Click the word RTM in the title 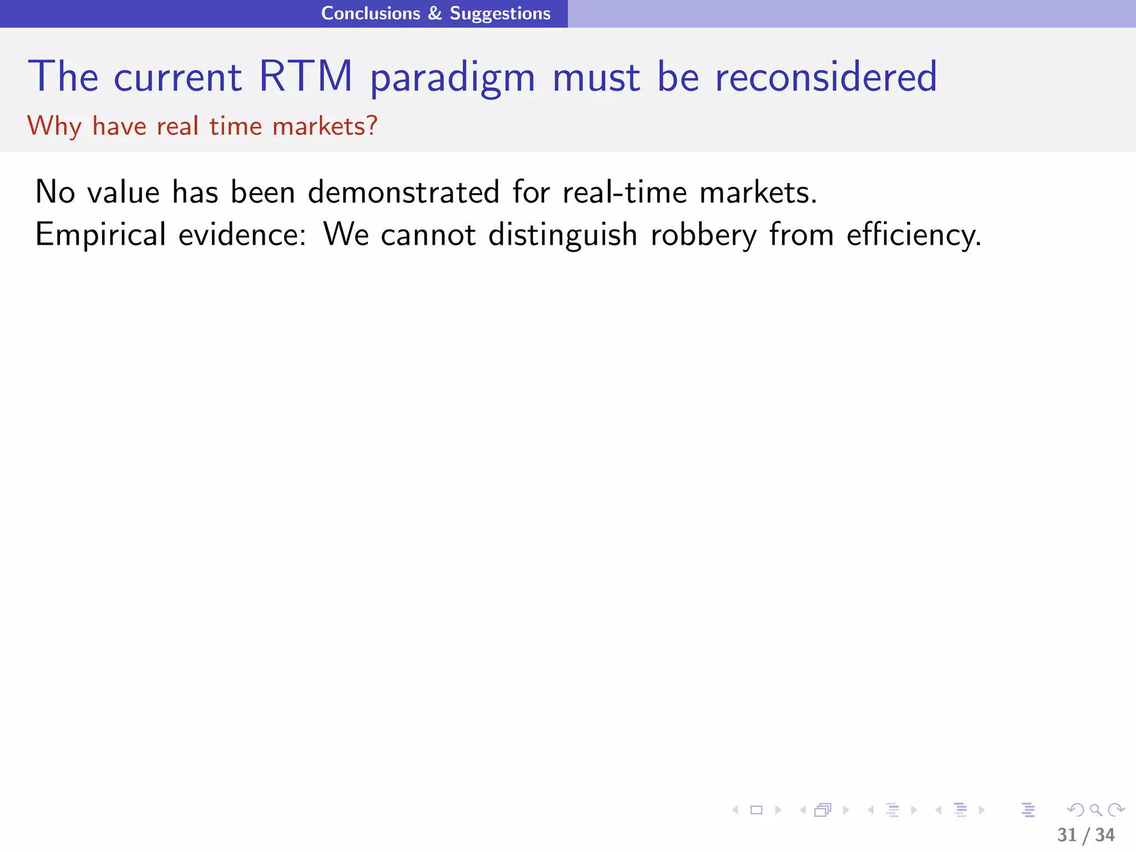point(306,77)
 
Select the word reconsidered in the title point(826,77)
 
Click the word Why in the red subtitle point(54,126)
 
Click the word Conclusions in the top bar point(371,13)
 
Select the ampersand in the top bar point(435,13)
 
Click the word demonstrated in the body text point(404,192)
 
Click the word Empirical point(100,235)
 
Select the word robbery point(703,235)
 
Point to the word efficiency point(914,235)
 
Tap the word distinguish point(562,235)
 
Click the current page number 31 point(1067,835)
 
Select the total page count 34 point(1104,835)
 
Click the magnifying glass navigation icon point(1096,810)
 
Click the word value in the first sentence point(124,192)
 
